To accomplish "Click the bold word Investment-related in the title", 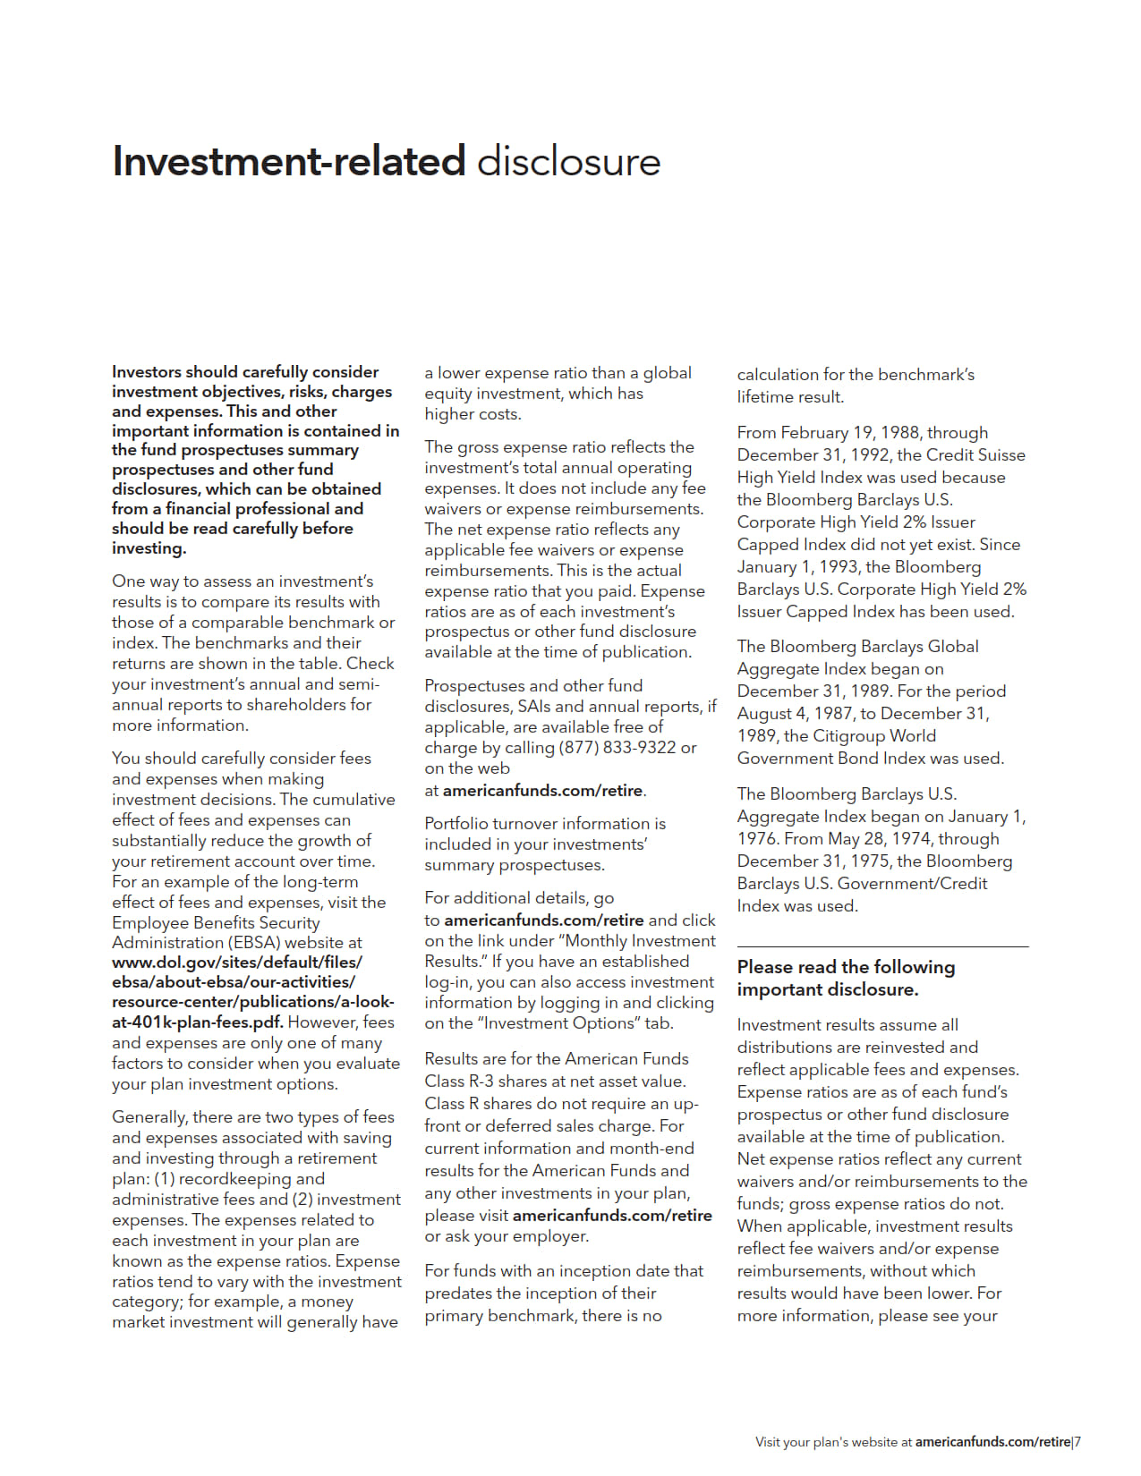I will [288, 162].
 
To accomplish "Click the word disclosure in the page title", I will [568, 162].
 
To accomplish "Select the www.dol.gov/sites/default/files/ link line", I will [237, 963].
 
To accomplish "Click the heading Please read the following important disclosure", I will [846, 978].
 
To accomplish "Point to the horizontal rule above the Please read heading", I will [882, 946].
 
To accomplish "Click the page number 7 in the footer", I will [1077, 1442].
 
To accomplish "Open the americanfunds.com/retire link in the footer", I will [992, 1442].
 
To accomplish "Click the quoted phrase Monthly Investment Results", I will [570, 952].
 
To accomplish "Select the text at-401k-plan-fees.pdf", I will [197, 1022].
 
